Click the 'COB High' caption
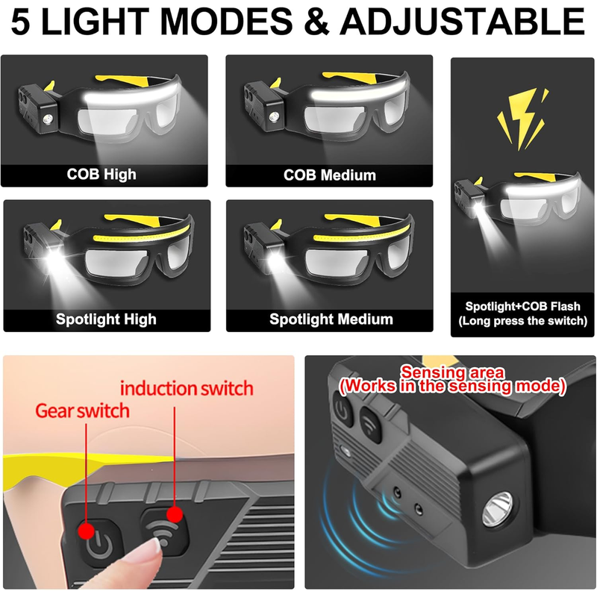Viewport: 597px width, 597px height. (x=101, y=174)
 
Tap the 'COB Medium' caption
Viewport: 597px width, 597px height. (x=330, y=175)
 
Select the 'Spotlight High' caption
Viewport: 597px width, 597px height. (x=106, y=319)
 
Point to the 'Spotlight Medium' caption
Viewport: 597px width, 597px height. (x=331, y=319)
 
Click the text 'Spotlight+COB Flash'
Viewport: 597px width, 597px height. (x=523, y=306)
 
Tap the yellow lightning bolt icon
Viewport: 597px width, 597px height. (x=522, y=119)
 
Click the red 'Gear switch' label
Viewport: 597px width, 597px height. (x=82, y=411)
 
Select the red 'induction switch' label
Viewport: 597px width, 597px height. (x=187, y=388)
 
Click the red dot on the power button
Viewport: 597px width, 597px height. (x=87, y=531)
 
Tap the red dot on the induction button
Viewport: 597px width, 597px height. (x=175, y=515)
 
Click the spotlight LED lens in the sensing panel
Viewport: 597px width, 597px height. (x=498, y=509)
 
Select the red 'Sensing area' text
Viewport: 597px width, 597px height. (x=453, y=372)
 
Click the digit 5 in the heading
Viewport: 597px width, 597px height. (x=20, y=22)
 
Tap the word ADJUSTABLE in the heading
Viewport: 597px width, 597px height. (x=462, y=21)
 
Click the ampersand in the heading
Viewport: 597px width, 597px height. (x=316, y=22)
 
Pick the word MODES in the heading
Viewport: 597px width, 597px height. (x=227, y=22)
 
